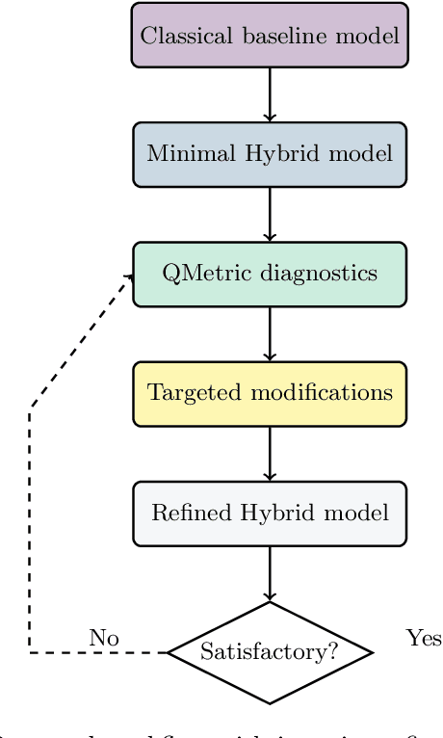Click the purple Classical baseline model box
[270, 36]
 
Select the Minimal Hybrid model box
[270, 154]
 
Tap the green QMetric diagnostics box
[270, 274]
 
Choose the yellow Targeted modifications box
[270, 393]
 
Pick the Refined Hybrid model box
[270, 513]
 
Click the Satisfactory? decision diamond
[270, 652]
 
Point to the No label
[104, 638]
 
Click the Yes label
[424, 638]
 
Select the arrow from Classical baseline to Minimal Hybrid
[270, 94]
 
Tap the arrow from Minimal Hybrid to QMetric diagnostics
[270, 214]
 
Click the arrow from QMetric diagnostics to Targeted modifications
[270, 333]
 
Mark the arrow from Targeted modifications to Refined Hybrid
[270, 453]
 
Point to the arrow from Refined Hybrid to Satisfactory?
[270, 574]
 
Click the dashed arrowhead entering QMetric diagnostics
[129, 277]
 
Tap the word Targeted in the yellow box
[184, 393]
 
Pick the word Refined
[184, 513]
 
